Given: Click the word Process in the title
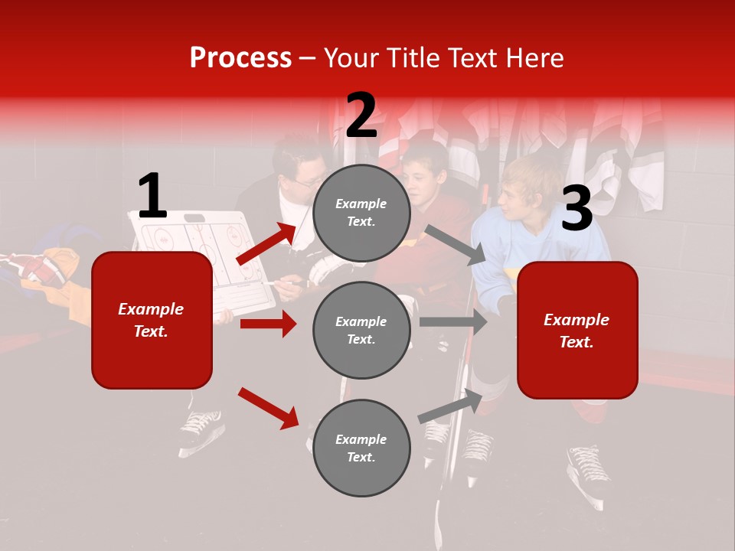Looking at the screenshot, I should pos(240,58).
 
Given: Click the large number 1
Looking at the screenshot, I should pos(152,197).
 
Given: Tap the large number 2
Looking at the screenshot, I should pos(361,116).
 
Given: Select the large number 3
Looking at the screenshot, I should pos(577,209).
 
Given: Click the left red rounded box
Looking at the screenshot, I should pos(152,320).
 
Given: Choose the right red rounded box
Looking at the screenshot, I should pos(577,331).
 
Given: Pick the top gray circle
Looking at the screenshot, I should pos(361,213).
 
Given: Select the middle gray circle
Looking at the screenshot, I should pos(361,331).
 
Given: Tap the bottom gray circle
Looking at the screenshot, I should pos(361,448).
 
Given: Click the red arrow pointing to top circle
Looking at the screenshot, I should pos(266,244).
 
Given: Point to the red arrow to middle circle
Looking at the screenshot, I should pos(268,324).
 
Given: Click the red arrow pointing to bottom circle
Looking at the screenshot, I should pos(268,407).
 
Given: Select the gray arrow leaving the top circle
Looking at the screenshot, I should pos(455,245).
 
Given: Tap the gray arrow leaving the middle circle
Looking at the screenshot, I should pos(453,322).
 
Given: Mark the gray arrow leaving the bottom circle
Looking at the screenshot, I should pos(450,406).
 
